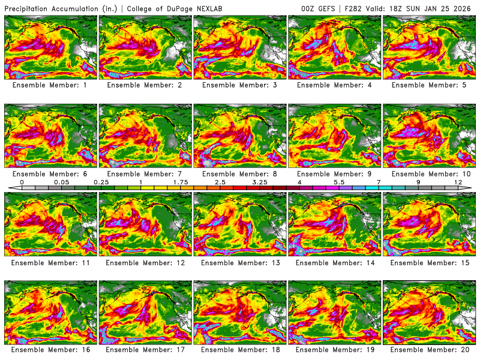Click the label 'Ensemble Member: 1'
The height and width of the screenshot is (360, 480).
(x=51, y=85)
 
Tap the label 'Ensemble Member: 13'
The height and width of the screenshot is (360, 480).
(x=240, y=262)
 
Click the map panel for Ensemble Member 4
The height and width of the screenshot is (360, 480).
(x=335, y=47)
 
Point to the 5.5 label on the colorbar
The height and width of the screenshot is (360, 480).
(x=339, y=182)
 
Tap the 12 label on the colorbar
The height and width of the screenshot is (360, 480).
(x=458, y=182)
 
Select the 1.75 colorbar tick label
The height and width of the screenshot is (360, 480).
(x=181, y=182)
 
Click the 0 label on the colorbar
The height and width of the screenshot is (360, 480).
(x=22, y=182)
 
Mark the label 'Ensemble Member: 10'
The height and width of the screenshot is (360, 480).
(x=430, y=174)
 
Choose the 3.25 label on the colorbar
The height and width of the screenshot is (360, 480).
(x=260, y=182)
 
